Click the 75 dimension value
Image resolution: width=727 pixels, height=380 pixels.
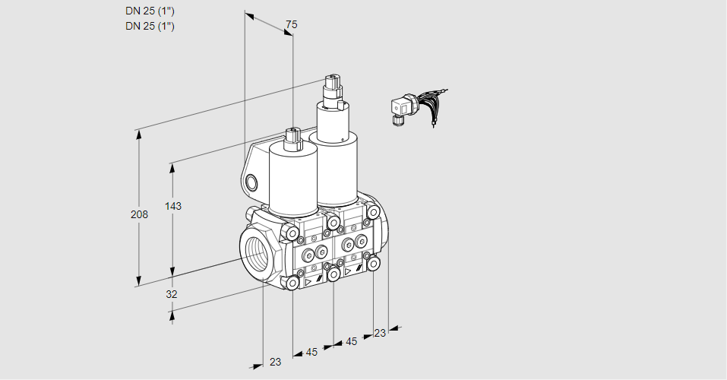291,24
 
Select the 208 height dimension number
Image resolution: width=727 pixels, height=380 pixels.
139,214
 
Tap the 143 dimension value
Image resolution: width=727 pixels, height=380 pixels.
173,205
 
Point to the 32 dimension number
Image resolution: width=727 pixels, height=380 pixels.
172,294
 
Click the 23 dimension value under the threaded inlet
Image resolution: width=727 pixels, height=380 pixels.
276,362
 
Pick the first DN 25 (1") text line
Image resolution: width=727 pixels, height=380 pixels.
150,11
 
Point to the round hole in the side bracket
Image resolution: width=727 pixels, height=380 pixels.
251,182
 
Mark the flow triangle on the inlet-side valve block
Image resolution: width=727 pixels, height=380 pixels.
308,281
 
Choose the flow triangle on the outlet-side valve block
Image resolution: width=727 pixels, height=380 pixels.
348,271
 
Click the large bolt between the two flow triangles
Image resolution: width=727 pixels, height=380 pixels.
333,274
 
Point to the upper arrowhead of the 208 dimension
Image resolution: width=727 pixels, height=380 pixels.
139,134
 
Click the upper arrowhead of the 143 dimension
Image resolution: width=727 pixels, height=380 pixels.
172,168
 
